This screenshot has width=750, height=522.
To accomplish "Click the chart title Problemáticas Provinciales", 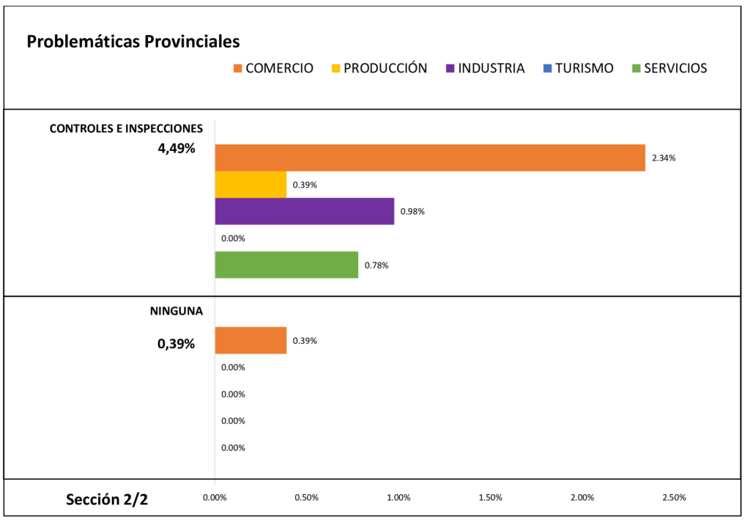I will click(x=133, y=42).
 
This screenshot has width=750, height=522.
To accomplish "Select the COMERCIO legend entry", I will click(x=272, y=68).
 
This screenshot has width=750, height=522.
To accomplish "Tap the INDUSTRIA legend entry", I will click(x=484, y=68).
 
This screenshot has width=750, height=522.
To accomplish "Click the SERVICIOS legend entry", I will click(x=668, y=68).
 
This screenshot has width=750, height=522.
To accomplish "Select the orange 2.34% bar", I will click(x=430, y=158).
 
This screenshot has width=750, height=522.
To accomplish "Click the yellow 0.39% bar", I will click(x=250, y=184).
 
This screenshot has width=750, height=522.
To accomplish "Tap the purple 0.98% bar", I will click(x=304, y=211).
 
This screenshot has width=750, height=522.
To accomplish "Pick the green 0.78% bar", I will click(x=286, y=265).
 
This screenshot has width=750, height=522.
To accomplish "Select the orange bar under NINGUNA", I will click(x=250, y=340).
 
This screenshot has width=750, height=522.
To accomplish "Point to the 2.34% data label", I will click(x=664, y=158).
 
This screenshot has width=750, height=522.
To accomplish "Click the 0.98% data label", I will click(x=412, y=212).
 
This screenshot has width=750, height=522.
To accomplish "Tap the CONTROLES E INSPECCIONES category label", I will click(x=126, y=128).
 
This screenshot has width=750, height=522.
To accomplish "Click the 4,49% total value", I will click(x=177, y=149).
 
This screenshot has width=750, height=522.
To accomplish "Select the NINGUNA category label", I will click(x=177, y=311).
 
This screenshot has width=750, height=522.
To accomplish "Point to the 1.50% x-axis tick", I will click(x=490, y=498).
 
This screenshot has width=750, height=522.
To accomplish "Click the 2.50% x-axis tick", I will click(x=674, y=498).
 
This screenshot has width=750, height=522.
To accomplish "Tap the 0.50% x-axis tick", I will click(x=306, y=498).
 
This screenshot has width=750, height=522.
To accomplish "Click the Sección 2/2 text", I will click(x=107, y=500).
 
